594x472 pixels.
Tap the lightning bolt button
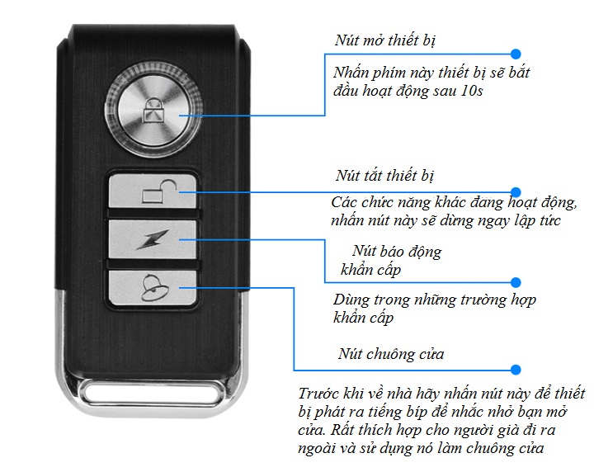pyautogui.click(x=153, y=243)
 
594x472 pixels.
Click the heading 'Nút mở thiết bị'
pyautogui.click(x=384, y=41)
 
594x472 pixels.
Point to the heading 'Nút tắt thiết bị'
pyautogui.click(x=384, y=176)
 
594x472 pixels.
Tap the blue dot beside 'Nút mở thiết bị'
pyautogui.click(x=516, y=51)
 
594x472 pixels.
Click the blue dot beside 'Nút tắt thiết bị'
pyautogui.click(x=516, y=191)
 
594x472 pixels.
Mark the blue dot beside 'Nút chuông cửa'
pyautogui.click(x=516, y=370)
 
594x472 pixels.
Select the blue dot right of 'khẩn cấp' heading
pyautogui.click(x=516, y=281)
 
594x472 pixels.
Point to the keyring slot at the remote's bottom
pyautogui.click(x=152, y=389)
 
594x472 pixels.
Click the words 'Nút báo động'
pyautogui.click(x=396, y=252)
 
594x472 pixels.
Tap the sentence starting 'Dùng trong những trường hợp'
pyautogui.click(x=434, y=300)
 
